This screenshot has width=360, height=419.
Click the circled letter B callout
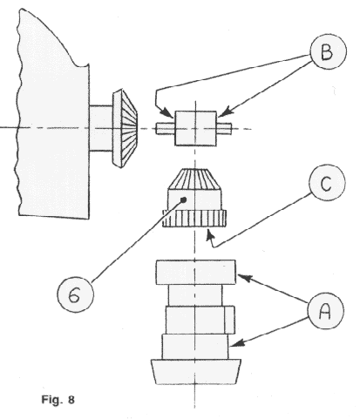329,51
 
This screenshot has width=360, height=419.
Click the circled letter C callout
327,183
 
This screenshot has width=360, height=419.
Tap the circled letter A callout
325,311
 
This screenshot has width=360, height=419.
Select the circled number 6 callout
75,294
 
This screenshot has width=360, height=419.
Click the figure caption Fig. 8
58,400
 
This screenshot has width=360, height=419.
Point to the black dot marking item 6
183,199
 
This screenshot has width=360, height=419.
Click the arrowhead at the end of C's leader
210,235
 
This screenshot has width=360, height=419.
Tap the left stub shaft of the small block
165,128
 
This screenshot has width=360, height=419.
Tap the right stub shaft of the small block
224,128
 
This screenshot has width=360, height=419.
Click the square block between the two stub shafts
195,128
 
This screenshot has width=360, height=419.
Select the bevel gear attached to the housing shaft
125,128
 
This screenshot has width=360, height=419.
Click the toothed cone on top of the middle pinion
194,179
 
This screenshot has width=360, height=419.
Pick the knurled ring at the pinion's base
194,219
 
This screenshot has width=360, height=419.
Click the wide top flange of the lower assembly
196,272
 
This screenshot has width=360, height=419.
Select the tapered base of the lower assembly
196,372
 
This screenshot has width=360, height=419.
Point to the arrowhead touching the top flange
244,278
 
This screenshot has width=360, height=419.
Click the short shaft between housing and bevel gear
100,128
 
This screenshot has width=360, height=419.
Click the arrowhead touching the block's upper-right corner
224,112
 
